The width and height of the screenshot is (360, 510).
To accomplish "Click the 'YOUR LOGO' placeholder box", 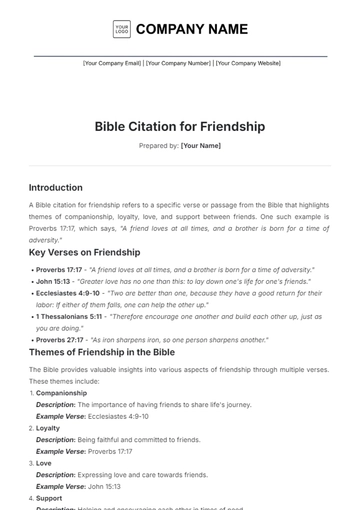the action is [121, 29].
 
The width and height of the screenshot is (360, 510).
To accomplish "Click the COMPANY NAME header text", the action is [191, 29].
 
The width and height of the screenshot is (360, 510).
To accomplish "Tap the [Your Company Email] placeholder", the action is [112, 63].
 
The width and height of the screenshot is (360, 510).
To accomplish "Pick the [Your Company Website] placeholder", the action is [243, 63].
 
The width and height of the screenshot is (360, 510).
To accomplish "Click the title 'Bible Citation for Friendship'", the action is [180, 127].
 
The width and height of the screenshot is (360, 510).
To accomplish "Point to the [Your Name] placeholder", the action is [200, 146].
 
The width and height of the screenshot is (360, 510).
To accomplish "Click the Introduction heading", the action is [56, 187].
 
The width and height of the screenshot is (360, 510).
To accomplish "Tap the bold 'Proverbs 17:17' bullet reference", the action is [60, 269].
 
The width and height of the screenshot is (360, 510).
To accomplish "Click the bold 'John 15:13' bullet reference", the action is [53, 282].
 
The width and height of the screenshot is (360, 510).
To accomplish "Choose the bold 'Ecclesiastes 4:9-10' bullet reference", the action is [68, 294].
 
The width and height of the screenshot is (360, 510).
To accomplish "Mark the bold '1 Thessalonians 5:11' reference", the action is [69, 316].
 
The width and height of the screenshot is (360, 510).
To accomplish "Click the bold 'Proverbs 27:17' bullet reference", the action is [60, 340].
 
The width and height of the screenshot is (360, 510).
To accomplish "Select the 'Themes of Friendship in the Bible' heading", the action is [101, 353].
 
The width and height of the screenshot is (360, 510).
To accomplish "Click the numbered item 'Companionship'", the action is [61, 393].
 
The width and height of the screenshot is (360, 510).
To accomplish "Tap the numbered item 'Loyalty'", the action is [48, 428].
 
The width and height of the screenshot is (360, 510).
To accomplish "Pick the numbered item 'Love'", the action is [44, 463].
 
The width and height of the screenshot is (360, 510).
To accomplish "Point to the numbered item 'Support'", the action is [49, 497].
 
